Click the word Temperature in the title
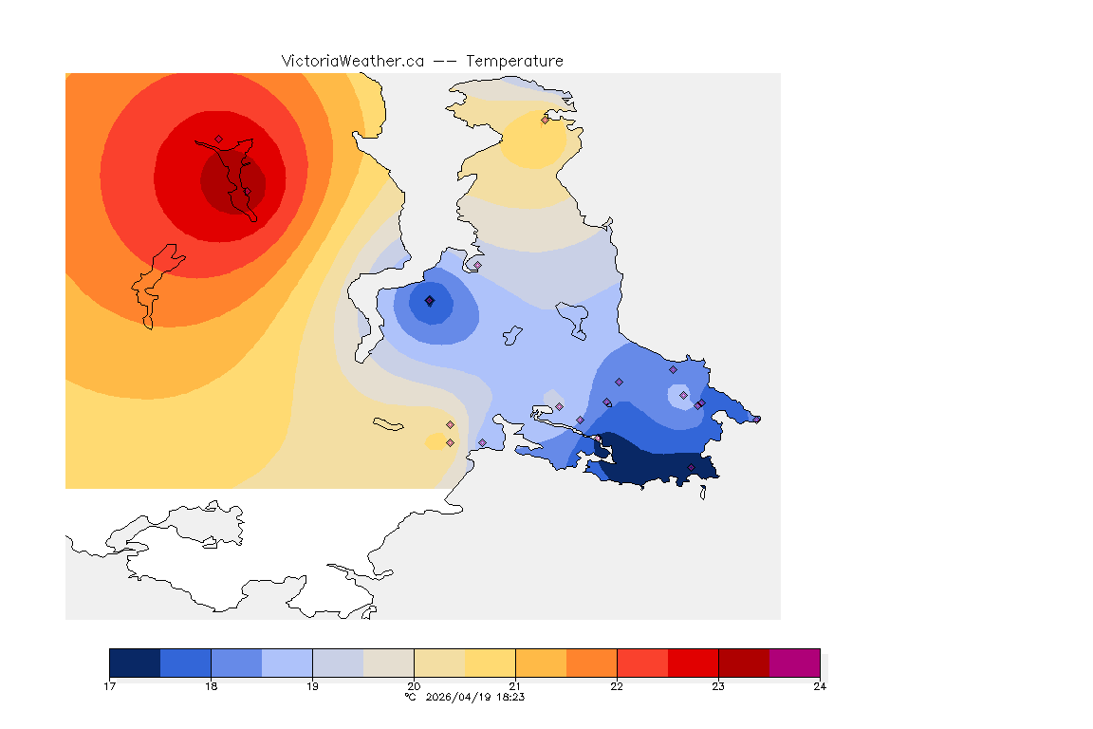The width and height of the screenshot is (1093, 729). coord(514,61)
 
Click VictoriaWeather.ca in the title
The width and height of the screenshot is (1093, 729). coord(352,61)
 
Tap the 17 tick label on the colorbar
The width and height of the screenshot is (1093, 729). coord(109,685)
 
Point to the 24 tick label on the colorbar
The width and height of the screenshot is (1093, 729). coord(820,685)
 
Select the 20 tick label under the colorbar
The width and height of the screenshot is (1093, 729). coord(414,685)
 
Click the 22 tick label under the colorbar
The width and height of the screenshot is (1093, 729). coord(617,685)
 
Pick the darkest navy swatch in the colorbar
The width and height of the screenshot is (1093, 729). coord(135,662)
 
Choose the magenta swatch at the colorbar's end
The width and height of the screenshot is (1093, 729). coord(794,662)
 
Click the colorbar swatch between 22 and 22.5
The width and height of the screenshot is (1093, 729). coord(642,662)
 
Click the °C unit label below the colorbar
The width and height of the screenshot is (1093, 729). coord(410,697)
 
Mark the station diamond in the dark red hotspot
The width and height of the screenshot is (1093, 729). coord(218,139)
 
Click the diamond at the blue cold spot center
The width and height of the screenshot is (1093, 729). coord(430,301)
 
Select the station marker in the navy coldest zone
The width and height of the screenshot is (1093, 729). coord(691,467)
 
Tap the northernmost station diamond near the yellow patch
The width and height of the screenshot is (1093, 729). coord(545,120)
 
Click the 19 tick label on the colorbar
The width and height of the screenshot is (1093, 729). coord(312,685)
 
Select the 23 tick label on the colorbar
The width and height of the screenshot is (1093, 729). coord(718,685)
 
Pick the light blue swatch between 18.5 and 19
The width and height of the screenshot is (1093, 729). coord(287,662)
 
